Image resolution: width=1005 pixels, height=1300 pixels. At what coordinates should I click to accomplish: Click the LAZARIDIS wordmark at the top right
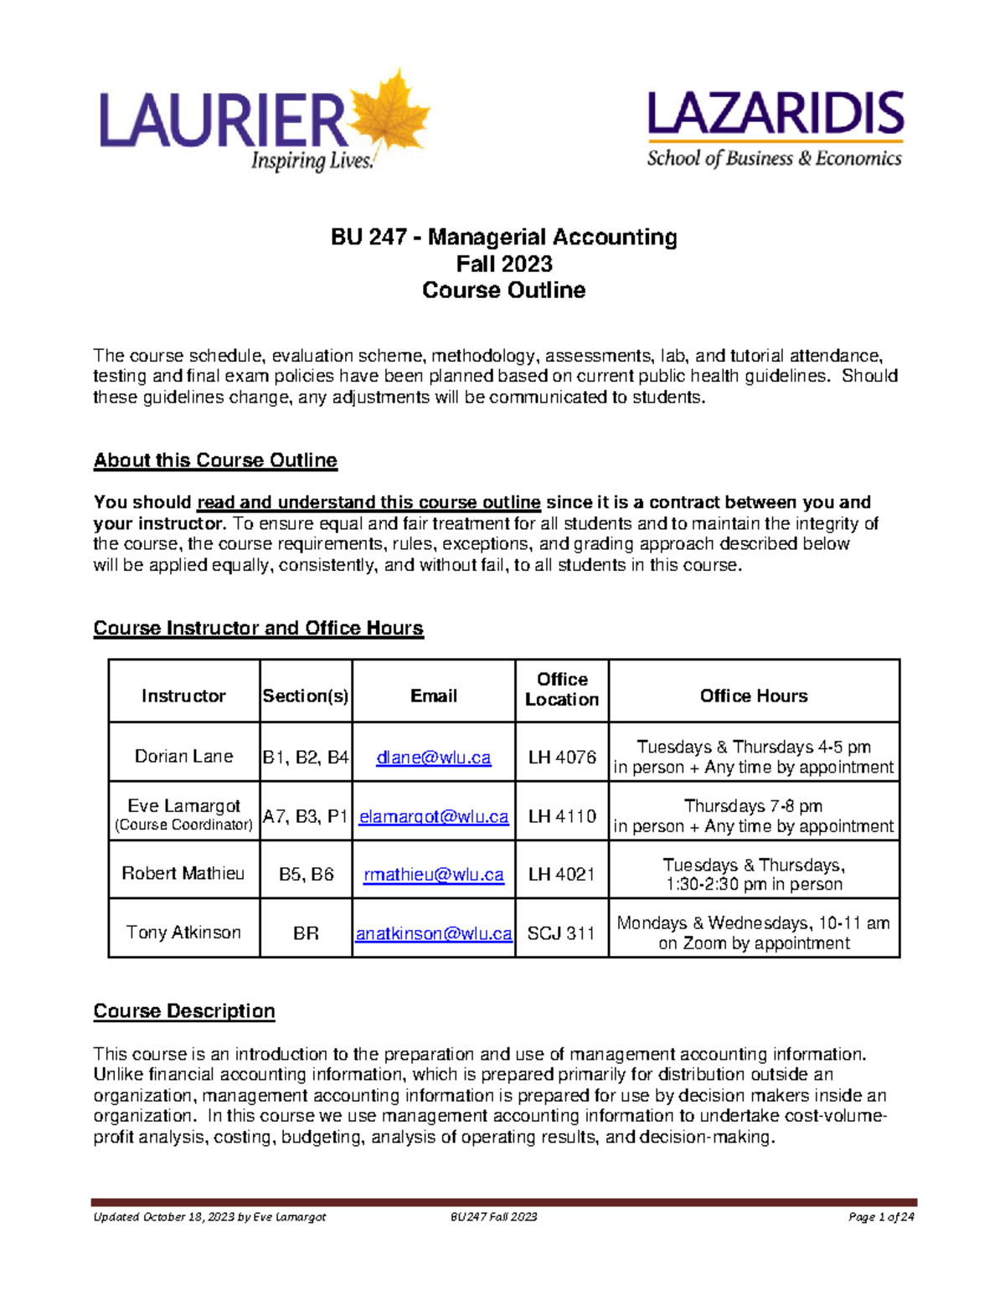(x=776, y=115)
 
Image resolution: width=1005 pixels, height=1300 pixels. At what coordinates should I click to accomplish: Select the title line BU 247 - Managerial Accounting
(x=503, y=238)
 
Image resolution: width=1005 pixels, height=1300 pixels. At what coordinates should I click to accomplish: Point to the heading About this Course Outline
(x=215, y=460)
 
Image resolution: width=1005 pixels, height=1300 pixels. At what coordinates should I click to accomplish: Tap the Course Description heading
(x=184, y=1011)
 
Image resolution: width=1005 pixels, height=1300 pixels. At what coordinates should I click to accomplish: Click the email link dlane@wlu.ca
(x=434, y=758)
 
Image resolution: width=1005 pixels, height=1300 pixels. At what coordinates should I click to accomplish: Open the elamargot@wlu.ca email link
(x=434, y=816)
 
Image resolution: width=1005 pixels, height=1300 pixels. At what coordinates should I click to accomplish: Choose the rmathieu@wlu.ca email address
(x=434, y=875)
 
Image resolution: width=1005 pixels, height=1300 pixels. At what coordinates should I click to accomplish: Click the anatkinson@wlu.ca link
(x=434, y=933)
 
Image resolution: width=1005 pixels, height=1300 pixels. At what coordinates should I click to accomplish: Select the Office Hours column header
(x=754, y=696)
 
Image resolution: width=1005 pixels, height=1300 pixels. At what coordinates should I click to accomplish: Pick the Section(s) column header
(x=306, y=696)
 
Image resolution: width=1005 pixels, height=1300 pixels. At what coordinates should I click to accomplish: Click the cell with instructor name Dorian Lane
(x=184, y=757)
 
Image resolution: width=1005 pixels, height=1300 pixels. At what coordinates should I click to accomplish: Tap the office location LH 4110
(x=562, y=816)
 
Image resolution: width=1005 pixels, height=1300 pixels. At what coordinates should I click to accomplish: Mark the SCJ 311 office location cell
(x=561, y=933)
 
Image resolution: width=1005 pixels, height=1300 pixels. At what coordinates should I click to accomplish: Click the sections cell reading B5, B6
(x=306, y=875)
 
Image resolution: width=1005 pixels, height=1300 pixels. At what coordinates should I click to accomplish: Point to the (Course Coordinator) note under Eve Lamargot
(x=184, y=825)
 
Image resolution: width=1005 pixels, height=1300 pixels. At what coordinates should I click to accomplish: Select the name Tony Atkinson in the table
(x=183, y=933)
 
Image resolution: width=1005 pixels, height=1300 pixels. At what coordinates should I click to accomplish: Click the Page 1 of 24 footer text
(x=881, y=1217)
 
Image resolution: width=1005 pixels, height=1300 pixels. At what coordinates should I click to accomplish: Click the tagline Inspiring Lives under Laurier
(x=312, y=161)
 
